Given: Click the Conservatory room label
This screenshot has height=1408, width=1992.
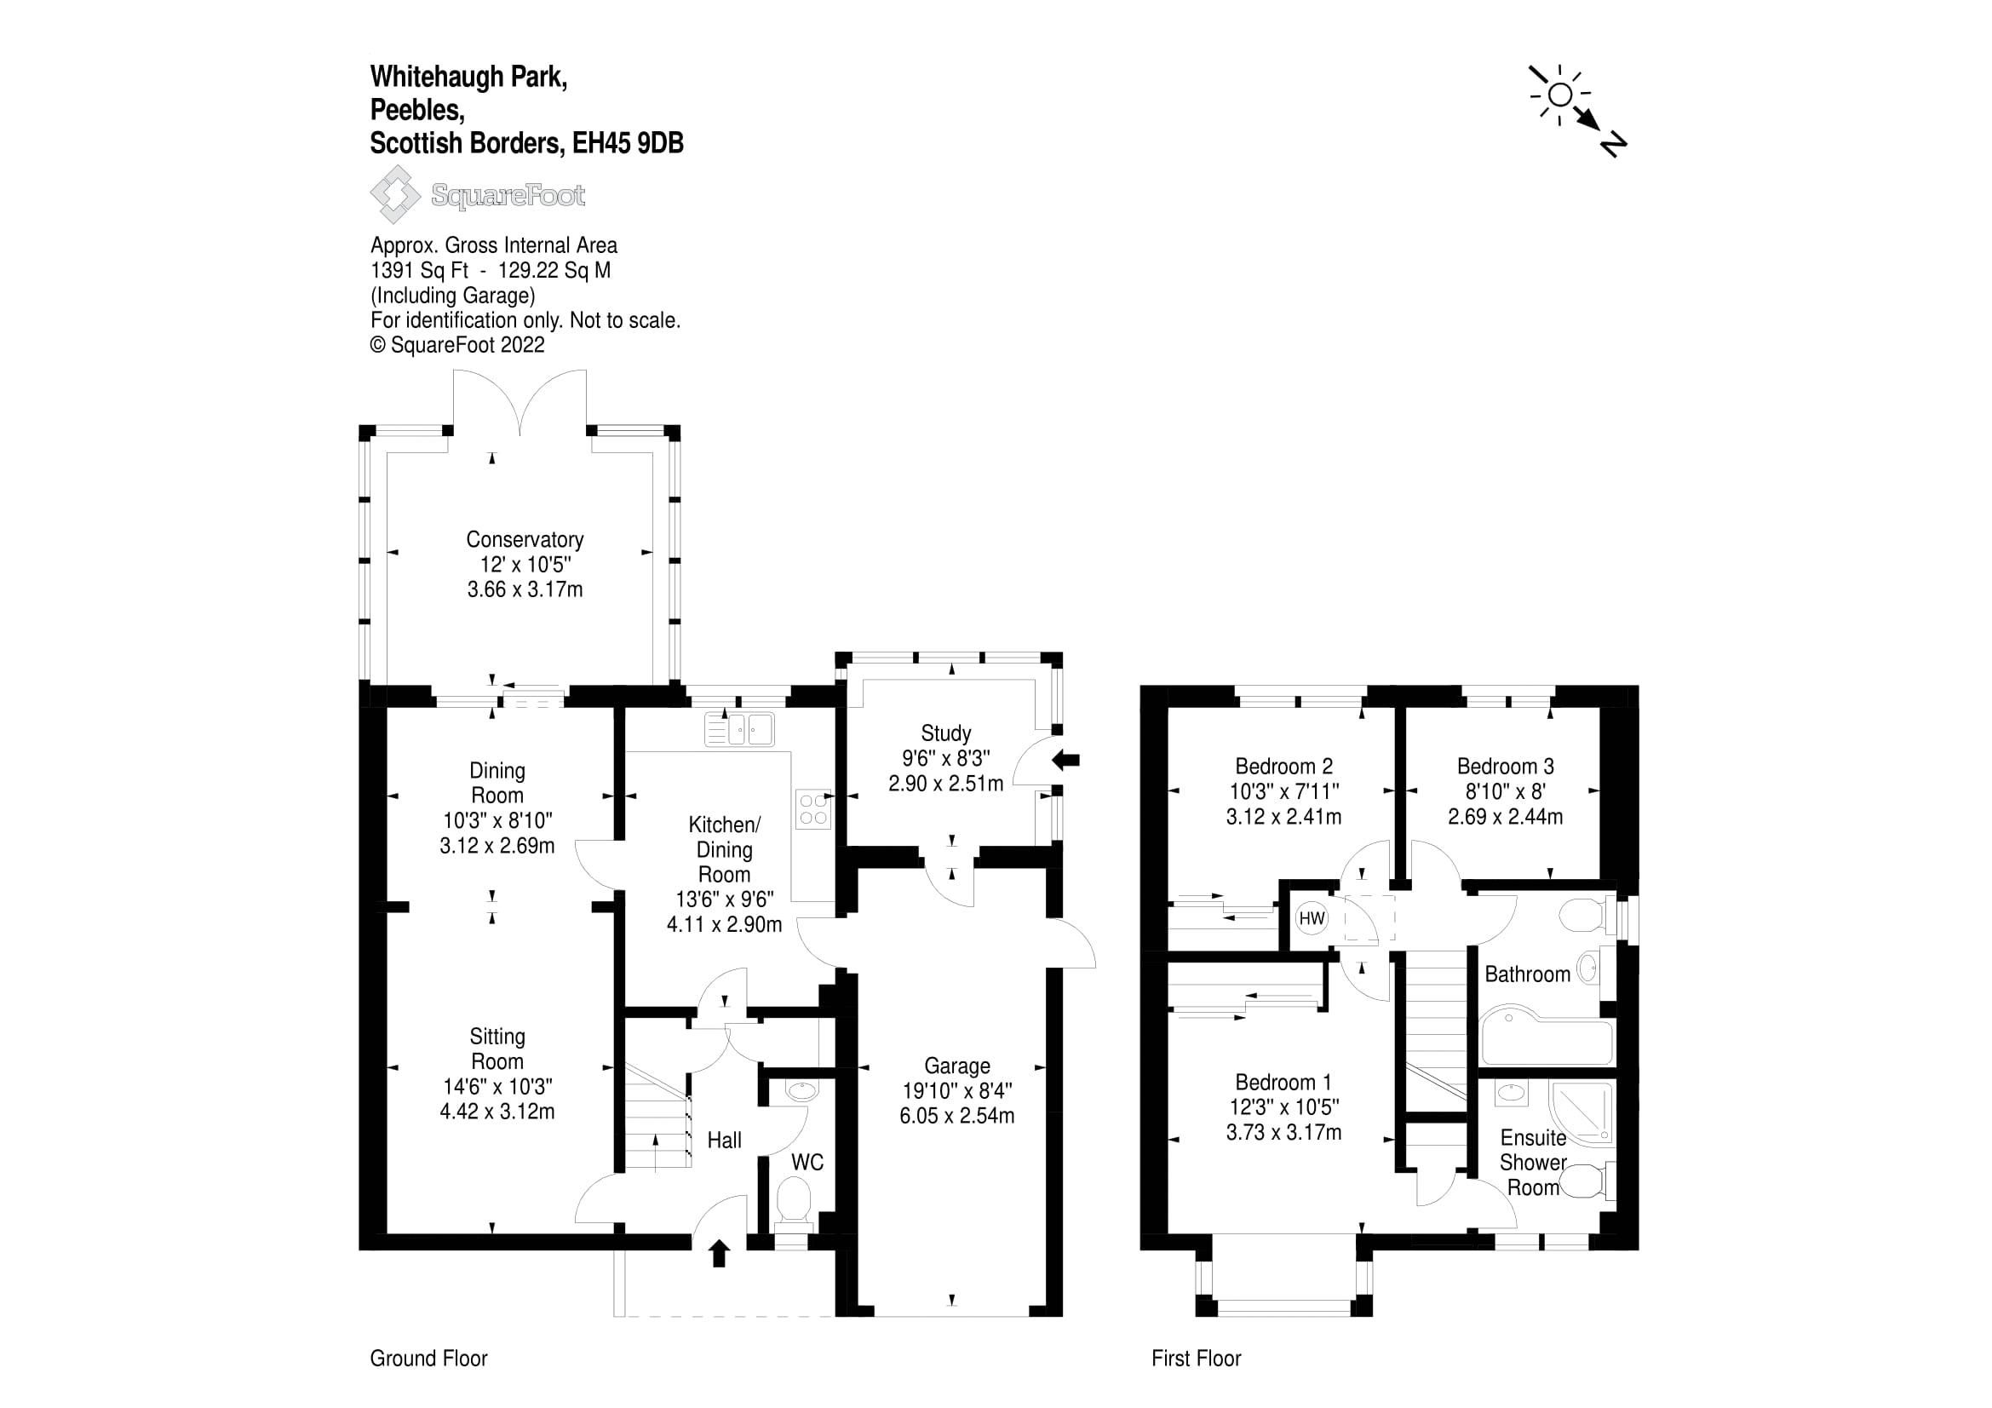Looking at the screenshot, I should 524,538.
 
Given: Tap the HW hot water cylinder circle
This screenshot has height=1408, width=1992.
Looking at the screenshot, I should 1312,918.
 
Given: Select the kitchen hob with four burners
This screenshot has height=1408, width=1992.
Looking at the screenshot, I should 813,809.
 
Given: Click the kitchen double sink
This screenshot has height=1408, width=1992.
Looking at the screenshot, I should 740,729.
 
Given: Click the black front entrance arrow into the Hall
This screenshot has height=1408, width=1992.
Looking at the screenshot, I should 720,1253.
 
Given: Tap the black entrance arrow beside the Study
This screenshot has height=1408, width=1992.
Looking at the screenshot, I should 1065,761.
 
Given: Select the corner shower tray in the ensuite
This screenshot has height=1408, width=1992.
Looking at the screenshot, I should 1582,1112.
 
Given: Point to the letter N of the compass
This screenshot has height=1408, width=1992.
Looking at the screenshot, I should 1612,144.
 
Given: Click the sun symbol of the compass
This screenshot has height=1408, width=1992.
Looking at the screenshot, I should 1559,95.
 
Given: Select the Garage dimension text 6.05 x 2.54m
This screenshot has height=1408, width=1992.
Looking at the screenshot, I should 956,1116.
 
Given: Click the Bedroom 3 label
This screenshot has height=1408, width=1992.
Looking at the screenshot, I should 1505,766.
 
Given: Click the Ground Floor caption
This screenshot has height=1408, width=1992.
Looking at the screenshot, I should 428,1358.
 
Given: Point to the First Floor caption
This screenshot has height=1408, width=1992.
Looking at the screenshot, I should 1196,1358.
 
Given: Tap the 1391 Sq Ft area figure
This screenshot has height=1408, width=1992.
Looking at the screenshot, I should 419,271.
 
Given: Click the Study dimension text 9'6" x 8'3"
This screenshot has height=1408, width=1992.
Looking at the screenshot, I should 945,758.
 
